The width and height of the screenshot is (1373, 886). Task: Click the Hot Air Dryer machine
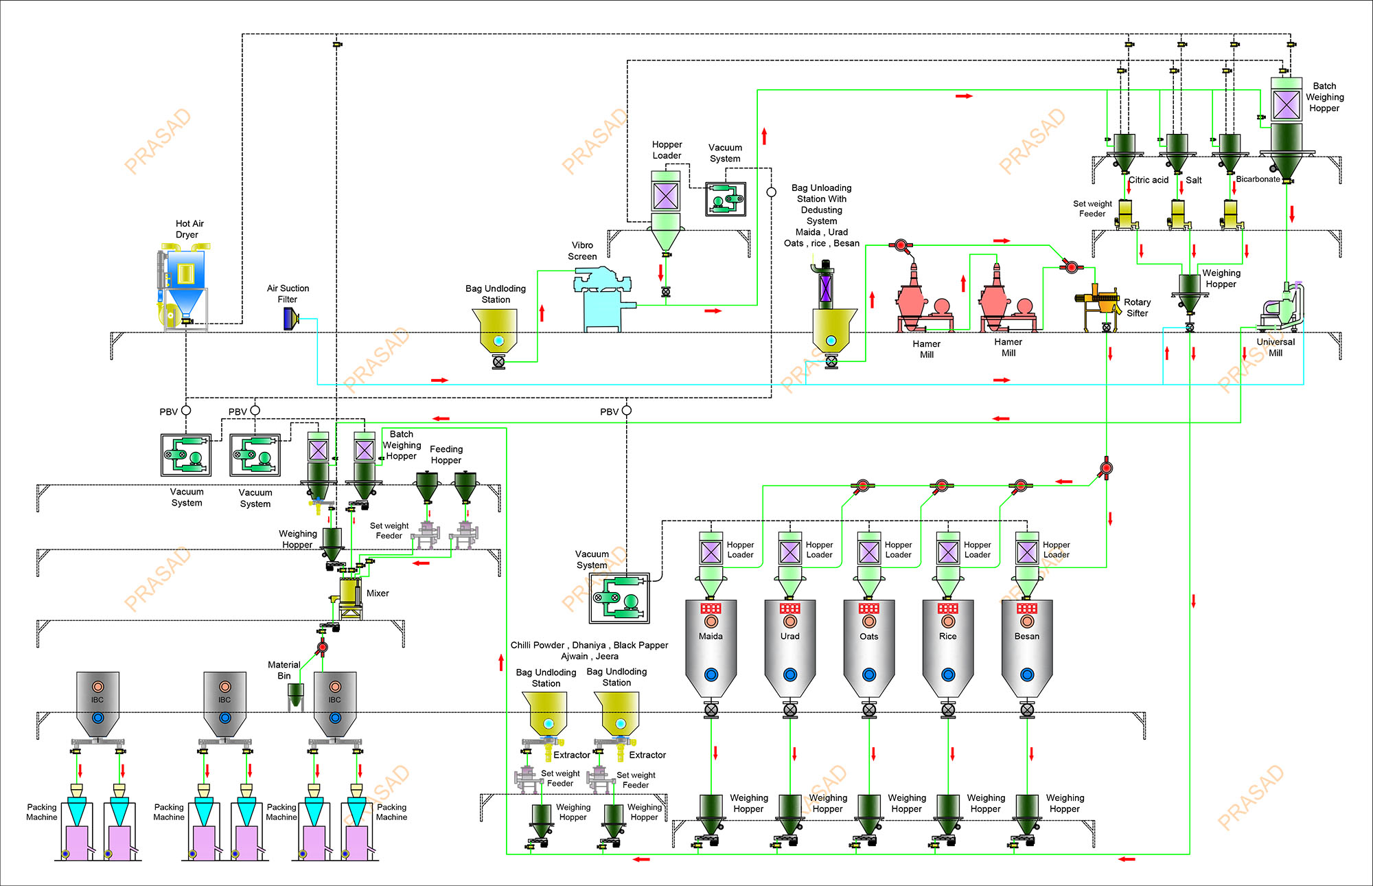(x=183, y=285)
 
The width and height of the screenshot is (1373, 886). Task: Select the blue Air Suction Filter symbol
(x=290, y=319)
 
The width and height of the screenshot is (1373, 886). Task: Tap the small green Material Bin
(x=295, y=694)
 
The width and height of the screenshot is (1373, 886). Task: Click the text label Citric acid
(x=1149, y=180)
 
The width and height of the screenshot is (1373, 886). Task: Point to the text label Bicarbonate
(x=1258, y=179)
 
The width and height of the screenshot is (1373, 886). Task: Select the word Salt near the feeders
(x=1194, y=180)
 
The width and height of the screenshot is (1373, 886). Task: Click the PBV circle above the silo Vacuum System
(x=626, y=411)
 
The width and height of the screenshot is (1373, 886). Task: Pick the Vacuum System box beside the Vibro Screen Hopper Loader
(x=726, y=199)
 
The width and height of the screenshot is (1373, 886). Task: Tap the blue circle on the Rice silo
(x=948, y=674)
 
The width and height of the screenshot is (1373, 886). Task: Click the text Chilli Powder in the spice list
(x=538, y=645)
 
